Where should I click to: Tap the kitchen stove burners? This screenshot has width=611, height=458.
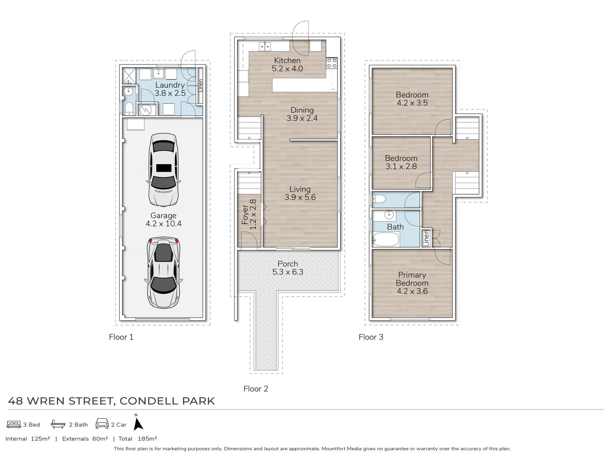coord(332,63)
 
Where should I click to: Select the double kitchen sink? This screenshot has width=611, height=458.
coord(265,47)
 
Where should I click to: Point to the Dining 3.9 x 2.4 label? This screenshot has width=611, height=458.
coord(302,114)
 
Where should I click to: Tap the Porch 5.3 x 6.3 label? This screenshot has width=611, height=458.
coord(288,268)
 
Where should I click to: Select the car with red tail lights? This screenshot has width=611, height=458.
coord(163,273)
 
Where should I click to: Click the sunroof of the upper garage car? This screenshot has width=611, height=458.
coord(164,168)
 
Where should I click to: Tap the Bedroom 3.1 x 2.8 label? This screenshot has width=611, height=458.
coord(401,162)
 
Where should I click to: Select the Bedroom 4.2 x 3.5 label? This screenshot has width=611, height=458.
coord(412,99)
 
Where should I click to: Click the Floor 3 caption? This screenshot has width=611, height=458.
coord(371,337)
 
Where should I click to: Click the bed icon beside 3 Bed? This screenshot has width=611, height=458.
coord(14,425)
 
